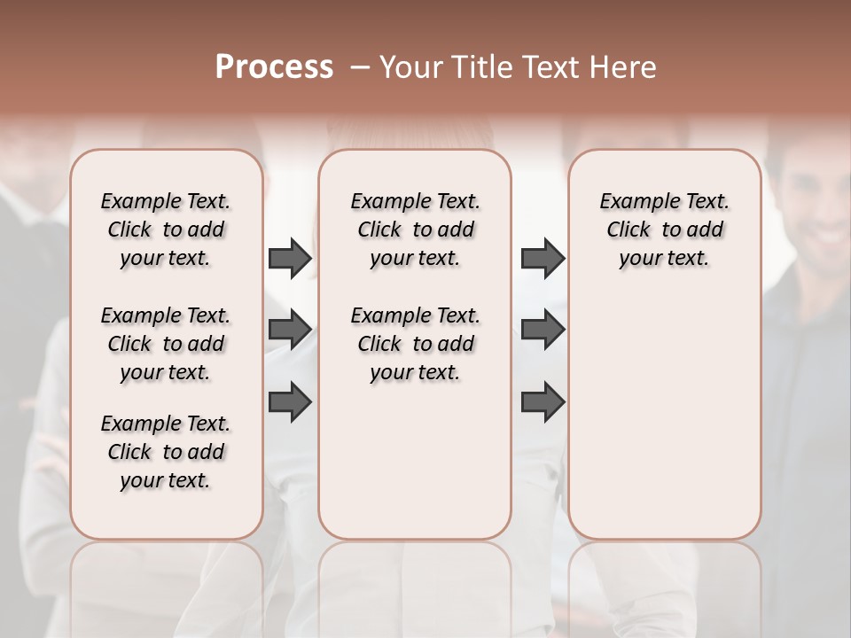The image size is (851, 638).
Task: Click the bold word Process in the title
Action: pyautogui.click(x=274, y=66)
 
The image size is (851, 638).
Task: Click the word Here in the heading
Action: pyautogui.click(x=625, y=66)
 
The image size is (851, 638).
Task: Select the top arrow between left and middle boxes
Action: pyautogui.click(x=290, y=258)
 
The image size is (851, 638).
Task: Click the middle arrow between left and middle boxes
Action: pyautogui.click(x=290, y=330)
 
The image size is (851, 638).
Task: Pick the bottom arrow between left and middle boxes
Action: pyautogui.click(x=290, y=401)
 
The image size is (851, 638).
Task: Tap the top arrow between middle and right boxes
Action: pyautogui.click(x=543, y=258)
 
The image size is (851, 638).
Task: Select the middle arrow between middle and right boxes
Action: pyautogui.click(x=543, y=330)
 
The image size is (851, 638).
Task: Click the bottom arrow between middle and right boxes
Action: pyautogui.click(x=543, y=401)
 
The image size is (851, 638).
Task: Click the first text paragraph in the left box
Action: pyautogui.click(x=165, y=230)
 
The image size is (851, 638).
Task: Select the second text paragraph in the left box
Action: pyautogui.click(x=165, y=344)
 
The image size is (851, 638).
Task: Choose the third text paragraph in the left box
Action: pyautogui.click(x=165, y=452)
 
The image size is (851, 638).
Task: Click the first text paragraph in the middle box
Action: pyautogui.click(x=415, y=230)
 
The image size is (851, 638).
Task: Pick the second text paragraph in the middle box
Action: pyautogui.click(x=415, y=344)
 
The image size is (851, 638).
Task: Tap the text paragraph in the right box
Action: pyautogui.click(x=664, y=230)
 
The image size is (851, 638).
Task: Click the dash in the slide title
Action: pyautogui.click(x=360, y=66)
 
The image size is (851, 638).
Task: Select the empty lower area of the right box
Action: pyautogui.click(x=664, y=416)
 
